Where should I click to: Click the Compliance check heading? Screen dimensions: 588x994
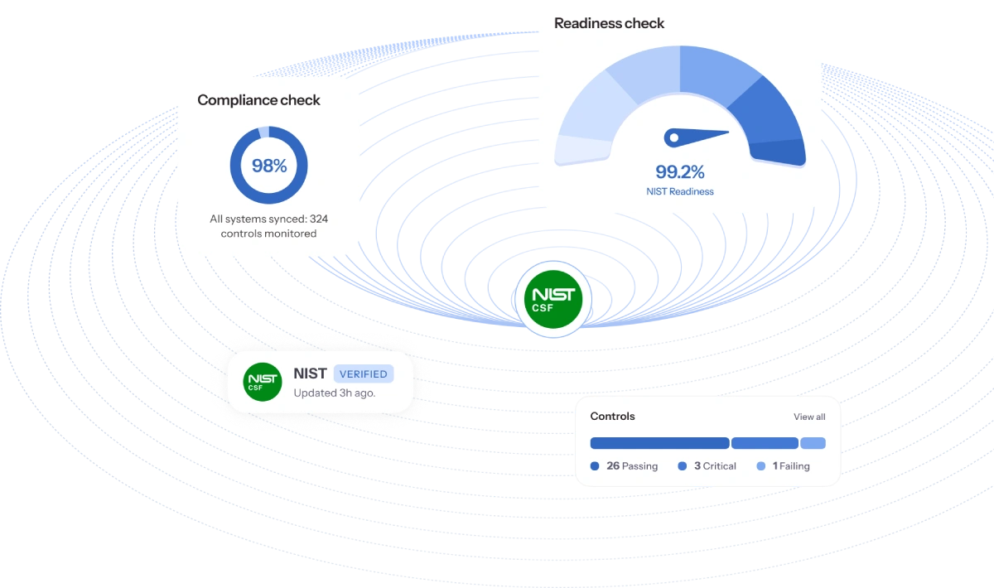(x=258, y=100)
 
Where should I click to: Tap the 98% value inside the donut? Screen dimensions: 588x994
(x=268, y=166)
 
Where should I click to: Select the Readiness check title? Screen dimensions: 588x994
(x=609, y=23)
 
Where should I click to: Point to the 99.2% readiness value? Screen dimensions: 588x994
(x=679, y=172)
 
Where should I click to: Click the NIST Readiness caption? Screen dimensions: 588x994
(x=679, y=191)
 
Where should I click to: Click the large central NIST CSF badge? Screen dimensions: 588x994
(x=548, y=298)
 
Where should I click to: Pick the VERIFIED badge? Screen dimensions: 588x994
(x=363, y=374)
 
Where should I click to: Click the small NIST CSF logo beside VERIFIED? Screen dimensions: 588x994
(x=262, y=382)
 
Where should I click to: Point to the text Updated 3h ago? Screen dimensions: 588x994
(x=334, y=393)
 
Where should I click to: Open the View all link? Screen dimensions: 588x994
(x=809, y=417)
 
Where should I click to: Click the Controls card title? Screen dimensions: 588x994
(x=612, y=416)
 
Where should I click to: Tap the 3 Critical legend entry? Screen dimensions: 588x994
(x=707, y=466)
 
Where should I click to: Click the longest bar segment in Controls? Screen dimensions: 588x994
(x=659, y=443)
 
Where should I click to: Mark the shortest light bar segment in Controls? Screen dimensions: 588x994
(x=813, y=443)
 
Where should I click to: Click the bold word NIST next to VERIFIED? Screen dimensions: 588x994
(x=310, y=374)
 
